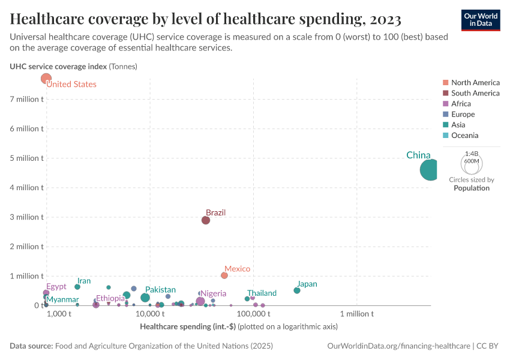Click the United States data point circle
coord(46,79)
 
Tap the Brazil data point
coord(206,220)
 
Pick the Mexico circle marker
coord(224,275)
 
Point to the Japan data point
coord(297,290)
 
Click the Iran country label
coord(84,281)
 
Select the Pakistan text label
coord(160,290)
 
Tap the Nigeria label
coord(213,293)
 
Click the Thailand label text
coord(262,293)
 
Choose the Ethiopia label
coord(110,298)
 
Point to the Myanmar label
coord(62,299)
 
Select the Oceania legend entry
coord(464,136)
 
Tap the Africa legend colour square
coord(445,104)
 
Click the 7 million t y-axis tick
coord(26,99)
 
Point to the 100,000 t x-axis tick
coord(253,314)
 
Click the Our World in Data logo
coord(480,20)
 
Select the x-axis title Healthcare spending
coord(187,327)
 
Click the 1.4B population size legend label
coord(471,154)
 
